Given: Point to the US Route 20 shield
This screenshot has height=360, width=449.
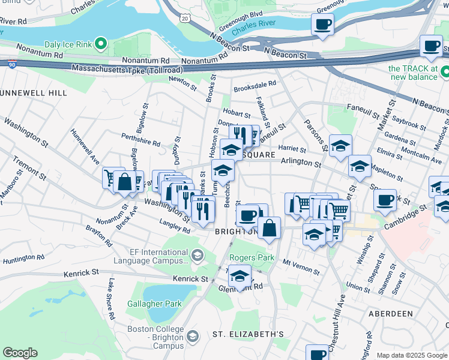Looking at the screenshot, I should tap(184, 19).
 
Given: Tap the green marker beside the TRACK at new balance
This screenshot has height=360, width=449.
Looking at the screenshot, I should tap(444, 72).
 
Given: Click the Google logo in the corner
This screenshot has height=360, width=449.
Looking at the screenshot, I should tap(20, 353).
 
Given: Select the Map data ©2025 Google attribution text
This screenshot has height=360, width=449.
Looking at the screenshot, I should tap(411, 355).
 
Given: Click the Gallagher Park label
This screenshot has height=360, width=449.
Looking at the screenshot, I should tap(154, 304).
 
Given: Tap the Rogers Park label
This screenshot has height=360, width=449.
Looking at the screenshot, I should tap(252, 258).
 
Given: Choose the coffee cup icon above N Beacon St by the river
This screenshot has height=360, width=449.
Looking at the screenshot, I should tap(322, 25).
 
